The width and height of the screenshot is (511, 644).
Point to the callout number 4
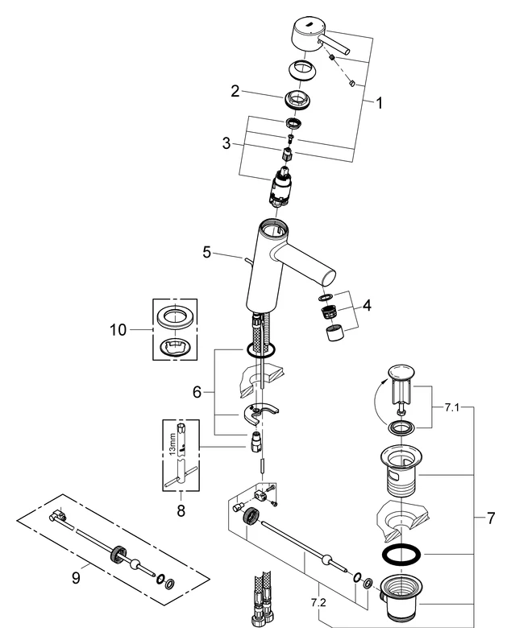coord(368,306)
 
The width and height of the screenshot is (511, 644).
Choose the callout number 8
coord(180,509)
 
